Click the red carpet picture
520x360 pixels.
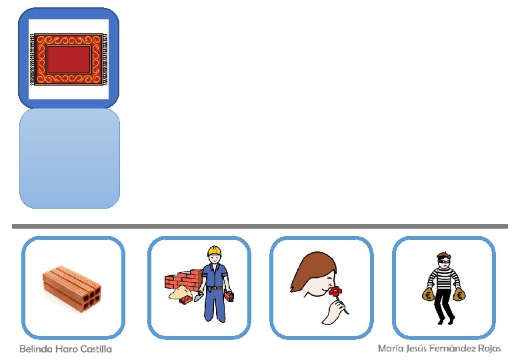pyautogui.click(x=69, y=59)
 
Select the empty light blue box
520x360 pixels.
pyautogui.click(x=69, y=158)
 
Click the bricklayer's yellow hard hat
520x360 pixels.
pyautogui.click(x=213, y=251)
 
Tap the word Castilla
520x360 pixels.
pyautogui.click(x=96, y=349)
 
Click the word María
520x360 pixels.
pyautogui.click(x=389, y=349)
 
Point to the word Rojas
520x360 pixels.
pyautogui.click(x=489, y=349)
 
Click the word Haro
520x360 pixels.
pyautogui.click(x=65, y=349)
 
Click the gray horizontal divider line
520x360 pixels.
pyautogui.click(x=260, y=227)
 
